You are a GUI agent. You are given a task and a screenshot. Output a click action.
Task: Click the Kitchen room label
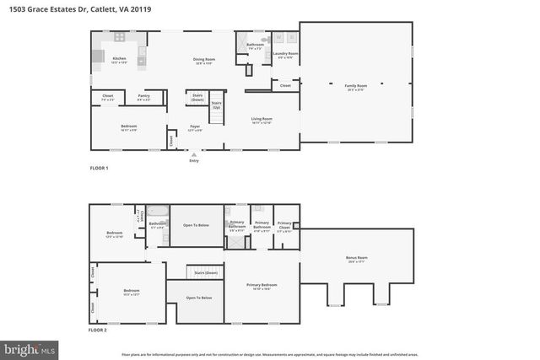[x=119, y=58]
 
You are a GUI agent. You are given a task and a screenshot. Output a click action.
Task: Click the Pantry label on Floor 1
[x=144, y=96]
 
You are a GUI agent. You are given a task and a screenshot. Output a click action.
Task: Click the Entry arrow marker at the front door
[x=194, y=153]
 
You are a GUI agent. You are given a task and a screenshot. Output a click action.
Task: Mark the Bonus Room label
[x=357, y=258]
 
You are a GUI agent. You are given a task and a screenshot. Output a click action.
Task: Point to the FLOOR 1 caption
[x=100, y=169]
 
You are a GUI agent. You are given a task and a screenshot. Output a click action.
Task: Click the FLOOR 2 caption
[x=100, y=330]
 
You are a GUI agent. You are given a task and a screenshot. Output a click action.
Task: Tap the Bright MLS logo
[x=30, y=347]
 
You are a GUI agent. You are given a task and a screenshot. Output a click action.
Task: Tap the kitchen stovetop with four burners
[x=120, y=38]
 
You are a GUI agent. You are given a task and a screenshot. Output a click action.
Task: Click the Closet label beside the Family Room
[x=285, y=85]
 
